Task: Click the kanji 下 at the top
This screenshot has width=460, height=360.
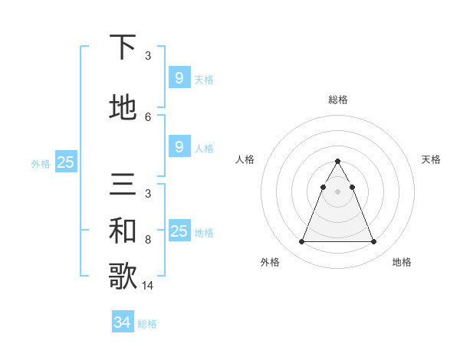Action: [x=123, y=48]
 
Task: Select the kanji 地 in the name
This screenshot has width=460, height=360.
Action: [x=123, y=107]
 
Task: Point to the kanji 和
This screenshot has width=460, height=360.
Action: [x=123, y=231]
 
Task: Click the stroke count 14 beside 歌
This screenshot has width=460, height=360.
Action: [x=148, y=286]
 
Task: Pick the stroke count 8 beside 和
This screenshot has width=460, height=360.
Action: [x=148, y=240]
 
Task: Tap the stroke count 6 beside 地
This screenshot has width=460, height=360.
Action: [x=148, y=116]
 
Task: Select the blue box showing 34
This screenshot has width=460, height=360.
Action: [x=123, y=322]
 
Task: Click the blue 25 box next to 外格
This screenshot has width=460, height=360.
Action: [x=66, y=162]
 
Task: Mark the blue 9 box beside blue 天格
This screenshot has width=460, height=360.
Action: [x=179, y=77]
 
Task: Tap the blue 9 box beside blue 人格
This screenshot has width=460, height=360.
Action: [x=179, y=146]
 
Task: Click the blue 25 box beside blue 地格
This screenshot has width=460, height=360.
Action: [x=179, y=231]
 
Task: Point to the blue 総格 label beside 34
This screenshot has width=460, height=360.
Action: [x=147, y=324]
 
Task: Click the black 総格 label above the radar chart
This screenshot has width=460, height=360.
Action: [x=337, y=100]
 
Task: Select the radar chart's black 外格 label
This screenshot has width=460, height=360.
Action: [x=270, y=262]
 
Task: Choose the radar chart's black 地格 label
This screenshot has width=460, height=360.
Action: [x=402, y=262]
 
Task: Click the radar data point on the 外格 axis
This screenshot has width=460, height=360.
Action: [x=301, y=242]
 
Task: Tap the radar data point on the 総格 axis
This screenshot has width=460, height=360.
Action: [x=337, y=162]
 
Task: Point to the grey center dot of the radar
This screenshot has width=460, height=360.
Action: [x=337, y=191]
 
